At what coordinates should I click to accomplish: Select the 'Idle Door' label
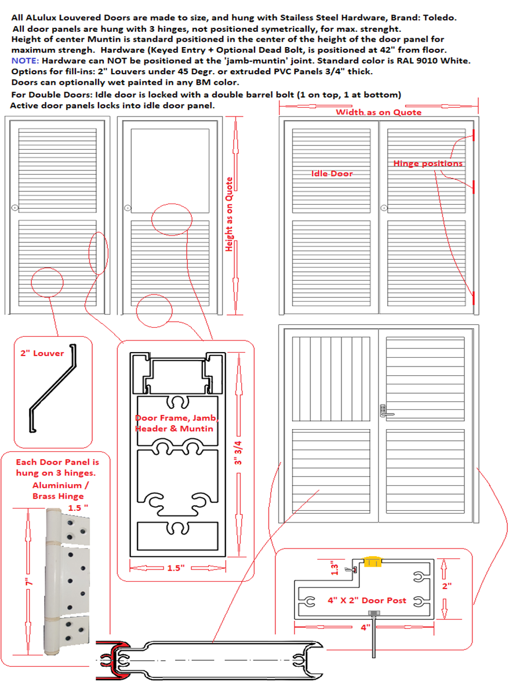click(332, 173)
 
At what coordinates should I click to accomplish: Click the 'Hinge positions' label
click(428, 164)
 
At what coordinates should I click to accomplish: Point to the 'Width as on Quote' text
click(379, 112)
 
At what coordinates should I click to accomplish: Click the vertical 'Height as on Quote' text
click(230, 214)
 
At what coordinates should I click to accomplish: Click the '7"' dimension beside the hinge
click(27, 579)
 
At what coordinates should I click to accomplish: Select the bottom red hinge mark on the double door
click(474, 298)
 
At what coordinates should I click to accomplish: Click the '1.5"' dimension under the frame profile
click(174, 568)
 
